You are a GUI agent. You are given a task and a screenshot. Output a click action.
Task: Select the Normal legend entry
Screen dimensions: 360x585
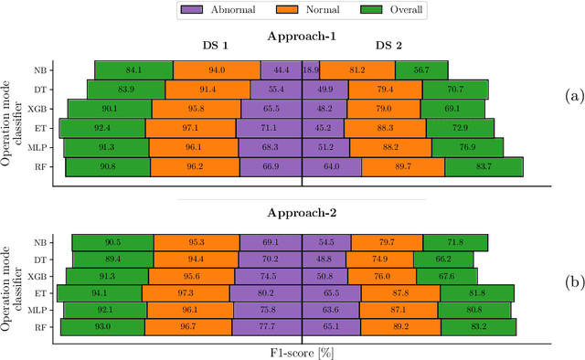[286, 11]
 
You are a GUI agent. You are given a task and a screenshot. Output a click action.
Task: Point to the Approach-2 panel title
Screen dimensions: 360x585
[302, 212]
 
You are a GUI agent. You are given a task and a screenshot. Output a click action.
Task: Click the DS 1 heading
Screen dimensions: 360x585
[217, 45]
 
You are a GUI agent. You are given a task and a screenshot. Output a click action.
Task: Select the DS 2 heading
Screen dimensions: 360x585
[389, 45]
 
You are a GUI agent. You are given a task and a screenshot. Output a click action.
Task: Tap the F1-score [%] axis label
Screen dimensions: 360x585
[302, 350]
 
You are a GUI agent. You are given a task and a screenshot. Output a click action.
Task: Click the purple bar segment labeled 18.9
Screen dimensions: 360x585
[310, 70]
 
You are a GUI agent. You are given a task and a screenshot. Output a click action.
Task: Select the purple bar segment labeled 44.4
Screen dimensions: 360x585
[282, 70]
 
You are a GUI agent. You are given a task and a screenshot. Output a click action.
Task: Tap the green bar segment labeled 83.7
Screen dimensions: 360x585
[484, 166]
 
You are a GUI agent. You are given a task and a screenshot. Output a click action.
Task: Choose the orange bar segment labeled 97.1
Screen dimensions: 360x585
[192, 128]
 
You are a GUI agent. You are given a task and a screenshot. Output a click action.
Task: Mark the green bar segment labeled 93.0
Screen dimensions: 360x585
[102, 326]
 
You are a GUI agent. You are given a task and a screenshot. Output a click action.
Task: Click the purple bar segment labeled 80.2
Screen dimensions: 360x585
[266, 293]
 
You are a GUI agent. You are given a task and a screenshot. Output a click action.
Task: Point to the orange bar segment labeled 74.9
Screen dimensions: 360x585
[381, 259]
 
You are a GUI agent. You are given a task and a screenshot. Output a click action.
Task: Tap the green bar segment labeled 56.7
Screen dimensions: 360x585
[421, 70]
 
